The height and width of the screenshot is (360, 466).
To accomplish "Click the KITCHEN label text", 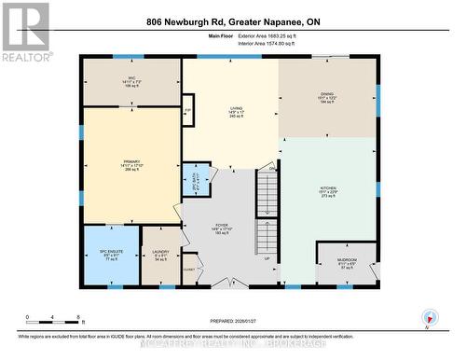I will (327, 192).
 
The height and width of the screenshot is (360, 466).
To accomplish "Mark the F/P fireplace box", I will (187, 110).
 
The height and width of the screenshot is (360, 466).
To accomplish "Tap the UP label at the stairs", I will (267, 259).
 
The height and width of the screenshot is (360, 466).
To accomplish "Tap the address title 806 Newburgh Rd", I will (232, 21).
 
